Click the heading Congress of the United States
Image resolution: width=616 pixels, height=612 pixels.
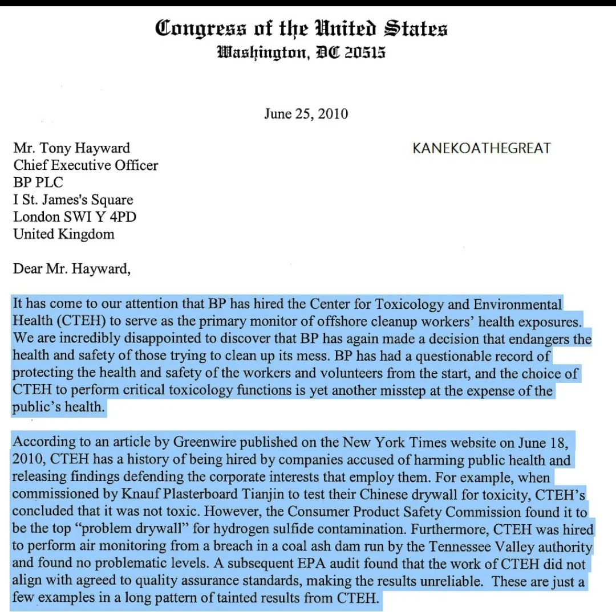pyautogui.click(x=301, y=28)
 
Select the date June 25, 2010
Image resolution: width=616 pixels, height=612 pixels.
pyautogui.click(x=306, y=114)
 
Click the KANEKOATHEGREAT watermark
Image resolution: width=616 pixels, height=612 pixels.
pyautogui.click(x=481, y=149)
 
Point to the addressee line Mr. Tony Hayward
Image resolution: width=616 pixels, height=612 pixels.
pyautogui.click(x=71, y=148)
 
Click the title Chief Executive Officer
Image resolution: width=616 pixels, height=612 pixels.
pyautogui.click(x=86, y=165)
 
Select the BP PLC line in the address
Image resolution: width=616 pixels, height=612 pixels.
pyautogui.click(x=38, y=182)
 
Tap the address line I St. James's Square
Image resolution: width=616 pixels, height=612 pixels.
pyautogui.click(x=73, y=199)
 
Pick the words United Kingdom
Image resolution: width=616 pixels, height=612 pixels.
pyautogui.click(x=63, y=234)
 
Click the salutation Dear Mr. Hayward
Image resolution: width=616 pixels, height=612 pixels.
pyautogui.click(x=71, y=268)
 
